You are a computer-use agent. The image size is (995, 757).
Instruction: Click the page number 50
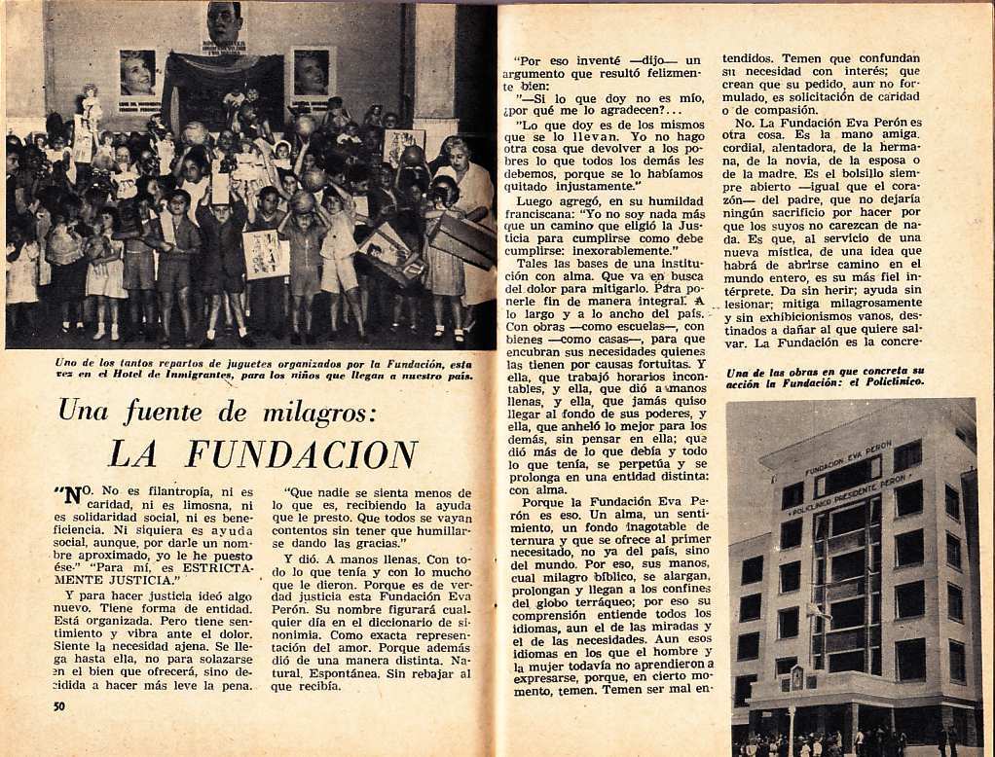(58, 705)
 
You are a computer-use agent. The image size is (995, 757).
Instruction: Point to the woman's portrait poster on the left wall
(137, 75)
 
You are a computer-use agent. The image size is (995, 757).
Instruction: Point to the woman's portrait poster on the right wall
(313, 73)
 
